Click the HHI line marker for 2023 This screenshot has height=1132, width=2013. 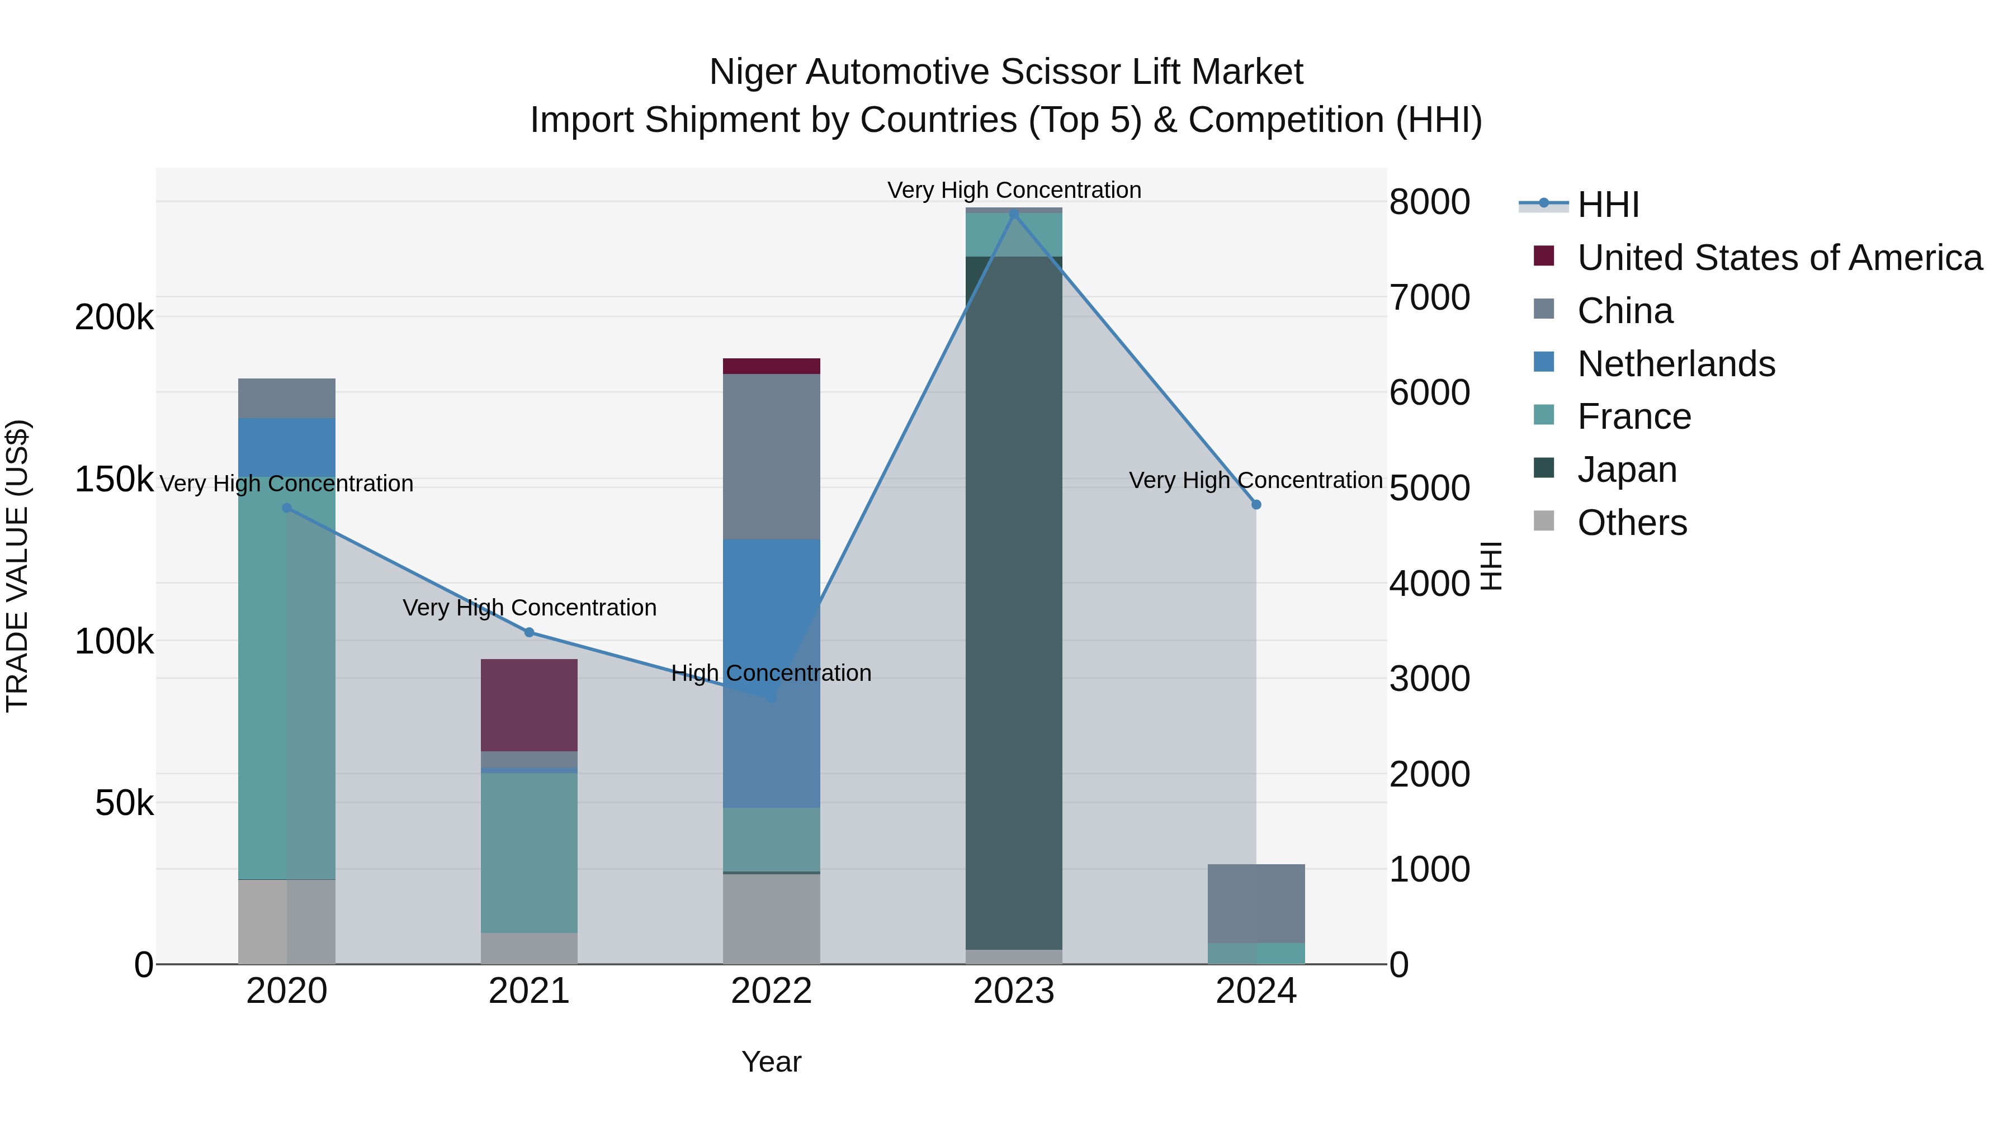coord(1014,214)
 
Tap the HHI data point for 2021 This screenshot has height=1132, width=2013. coord(529,632)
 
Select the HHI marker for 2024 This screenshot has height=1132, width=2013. coord(1256,505)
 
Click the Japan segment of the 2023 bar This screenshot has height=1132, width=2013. coord(1014,601)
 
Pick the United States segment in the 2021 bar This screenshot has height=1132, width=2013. coord(529,705)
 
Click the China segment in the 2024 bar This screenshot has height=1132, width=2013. coord(1256,903)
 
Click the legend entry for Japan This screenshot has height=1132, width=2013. coord(1627,470)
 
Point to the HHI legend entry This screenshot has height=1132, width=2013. coord(1608,205)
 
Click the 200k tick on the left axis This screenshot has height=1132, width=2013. coord(114,318)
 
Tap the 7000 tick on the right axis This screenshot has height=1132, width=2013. coord(1429,297)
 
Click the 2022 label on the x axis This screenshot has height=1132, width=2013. coord(771,991)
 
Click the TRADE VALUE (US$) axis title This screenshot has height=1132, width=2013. coord(17,566)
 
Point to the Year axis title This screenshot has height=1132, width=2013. coord(771,1062)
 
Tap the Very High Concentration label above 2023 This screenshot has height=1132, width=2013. coord(1014,190)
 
